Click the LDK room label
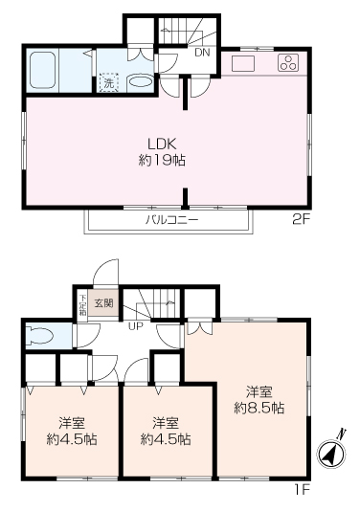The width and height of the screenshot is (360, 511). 161,144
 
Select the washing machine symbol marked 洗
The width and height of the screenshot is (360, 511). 109,82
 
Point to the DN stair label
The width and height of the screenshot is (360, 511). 202,53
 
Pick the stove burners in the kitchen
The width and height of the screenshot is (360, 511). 287,63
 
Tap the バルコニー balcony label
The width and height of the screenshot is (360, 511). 171,219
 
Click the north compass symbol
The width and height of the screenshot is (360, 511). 330,455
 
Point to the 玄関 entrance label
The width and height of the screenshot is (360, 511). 103,303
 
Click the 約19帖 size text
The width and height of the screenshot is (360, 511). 161,160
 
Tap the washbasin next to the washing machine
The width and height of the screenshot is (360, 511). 140,82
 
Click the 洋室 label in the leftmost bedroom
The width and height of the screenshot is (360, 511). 71,423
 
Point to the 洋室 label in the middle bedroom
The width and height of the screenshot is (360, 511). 166,423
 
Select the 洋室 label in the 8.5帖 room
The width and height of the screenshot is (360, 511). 259,391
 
